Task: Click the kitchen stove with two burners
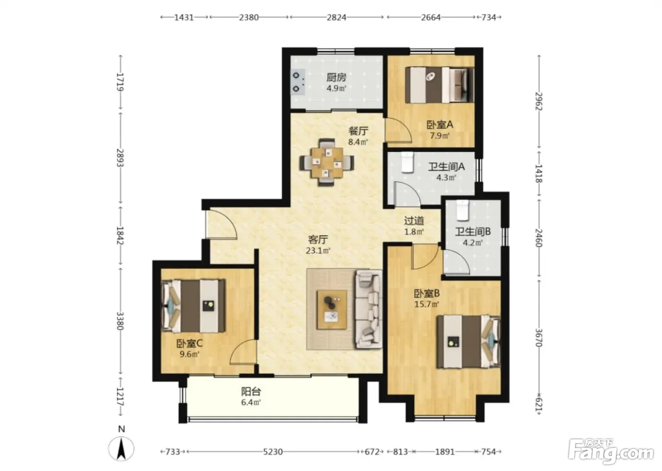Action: coord(298,82)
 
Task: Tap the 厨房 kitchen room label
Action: coord(336,78)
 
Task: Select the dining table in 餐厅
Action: coord(327,163)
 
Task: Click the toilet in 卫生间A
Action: coord(407,162)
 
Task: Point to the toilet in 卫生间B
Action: coord(462,210)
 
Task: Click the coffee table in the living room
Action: coord(332,310)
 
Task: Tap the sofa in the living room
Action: coord(368,309)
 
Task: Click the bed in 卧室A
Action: coord(439,85)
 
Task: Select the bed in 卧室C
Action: coord(193,306)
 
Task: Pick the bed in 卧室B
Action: coord(469,342)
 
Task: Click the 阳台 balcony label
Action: coord(251,392)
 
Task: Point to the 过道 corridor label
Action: coord(414,220)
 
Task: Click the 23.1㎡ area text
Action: coord(318,251)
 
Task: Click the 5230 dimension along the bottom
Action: coord(273,452)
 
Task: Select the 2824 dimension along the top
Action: coord(336,17)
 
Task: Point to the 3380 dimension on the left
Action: coord(120,321)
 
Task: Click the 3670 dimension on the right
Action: coord(539,338)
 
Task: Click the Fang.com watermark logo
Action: coord(611,452)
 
